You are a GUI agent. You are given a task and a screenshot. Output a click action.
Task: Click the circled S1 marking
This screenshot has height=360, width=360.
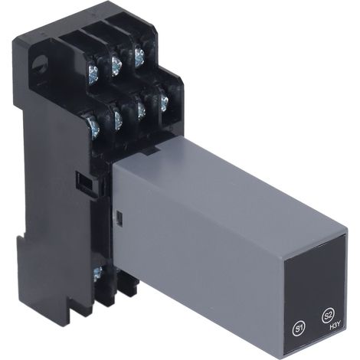coord(298,328)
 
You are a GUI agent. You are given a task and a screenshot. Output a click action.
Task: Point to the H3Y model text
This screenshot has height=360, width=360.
coord(335,326)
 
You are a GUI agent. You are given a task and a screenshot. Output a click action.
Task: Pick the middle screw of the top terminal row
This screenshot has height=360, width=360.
coord(116,65)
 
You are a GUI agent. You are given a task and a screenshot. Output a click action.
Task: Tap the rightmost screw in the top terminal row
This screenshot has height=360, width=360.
coord(139,57)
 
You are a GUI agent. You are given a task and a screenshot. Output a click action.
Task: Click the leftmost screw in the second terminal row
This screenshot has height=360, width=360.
coord(93,126)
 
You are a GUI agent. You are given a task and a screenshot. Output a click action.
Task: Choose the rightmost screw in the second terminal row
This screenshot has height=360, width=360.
coord(164,100)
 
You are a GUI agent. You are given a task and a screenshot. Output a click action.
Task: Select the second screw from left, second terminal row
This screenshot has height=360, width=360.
coord(117,120)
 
